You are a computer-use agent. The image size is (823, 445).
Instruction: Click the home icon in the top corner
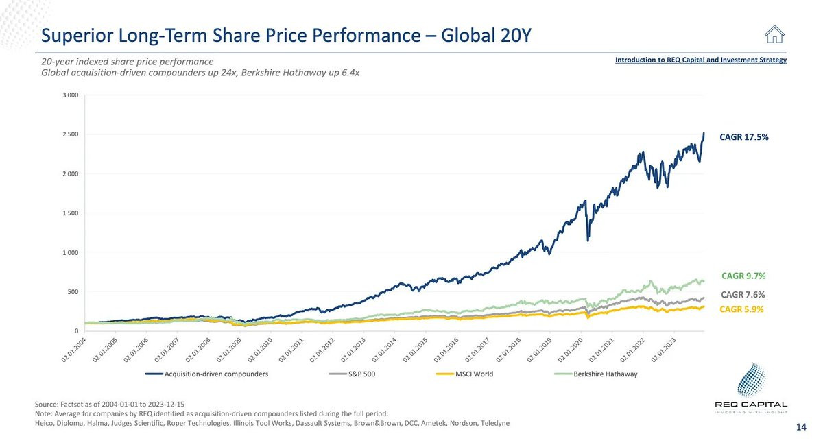tap(774, 34)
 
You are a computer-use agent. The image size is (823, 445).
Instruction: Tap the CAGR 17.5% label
tap(744, 137)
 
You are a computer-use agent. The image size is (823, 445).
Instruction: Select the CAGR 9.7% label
tap(743, 276)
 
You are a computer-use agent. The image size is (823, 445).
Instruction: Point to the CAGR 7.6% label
tap(743, 295)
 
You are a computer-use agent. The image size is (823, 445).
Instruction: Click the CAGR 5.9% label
tap(743, 309)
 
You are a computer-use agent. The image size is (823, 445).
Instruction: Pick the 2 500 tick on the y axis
tap(70, 134)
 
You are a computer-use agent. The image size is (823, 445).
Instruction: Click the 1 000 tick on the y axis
tap(70, 253)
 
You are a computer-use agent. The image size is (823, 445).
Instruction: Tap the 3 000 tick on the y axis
tap(70, 95)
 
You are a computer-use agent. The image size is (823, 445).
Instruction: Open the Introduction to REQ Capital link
tap(700, 60)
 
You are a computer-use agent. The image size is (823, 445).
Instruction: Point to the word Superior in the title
tap(73, 34)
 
